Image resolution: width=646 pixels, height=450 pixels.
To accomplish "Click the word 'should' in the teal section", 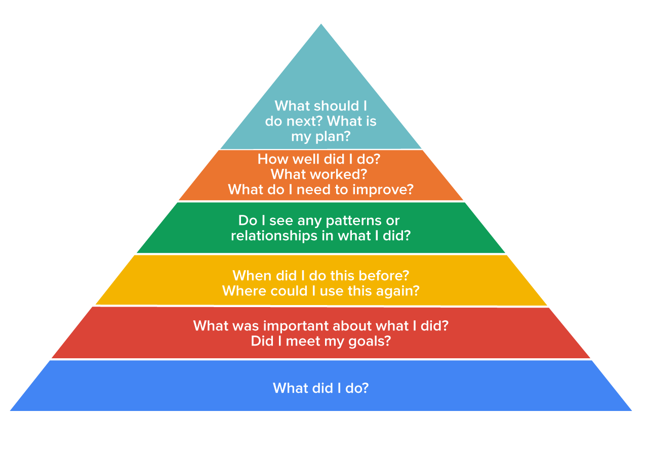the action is (x=333, y=106).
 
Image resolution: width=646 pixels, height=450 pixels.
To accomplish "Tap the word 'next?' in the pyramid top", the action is (x=304, y=121).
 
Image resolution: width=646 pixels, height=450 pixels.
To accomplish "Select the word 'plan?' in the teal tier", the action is (x=333, y=137).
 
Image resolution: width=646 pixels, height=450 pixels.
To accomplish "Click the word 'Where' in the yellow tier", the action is (x=244, y=291).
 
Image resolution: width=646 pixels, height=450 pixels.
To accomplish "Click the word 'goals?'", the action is (x=370, y=342).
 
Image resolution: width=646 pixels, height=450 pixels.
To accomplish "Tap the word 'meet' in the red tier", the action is (x=303, y=342).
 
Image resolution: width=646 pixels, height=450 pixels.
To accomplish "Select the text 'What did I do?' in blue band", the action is (x=320, y=388).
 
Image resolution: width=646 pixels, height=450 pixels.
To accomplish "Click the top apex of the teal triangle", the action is (x=321, y=24).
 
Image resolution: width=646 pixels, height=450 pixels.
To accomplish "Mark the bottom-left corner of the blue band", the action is (x=10, y=411).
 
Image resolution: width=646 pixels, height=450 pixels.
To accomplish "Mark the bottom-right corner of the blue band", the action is (x=632, y=411).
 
